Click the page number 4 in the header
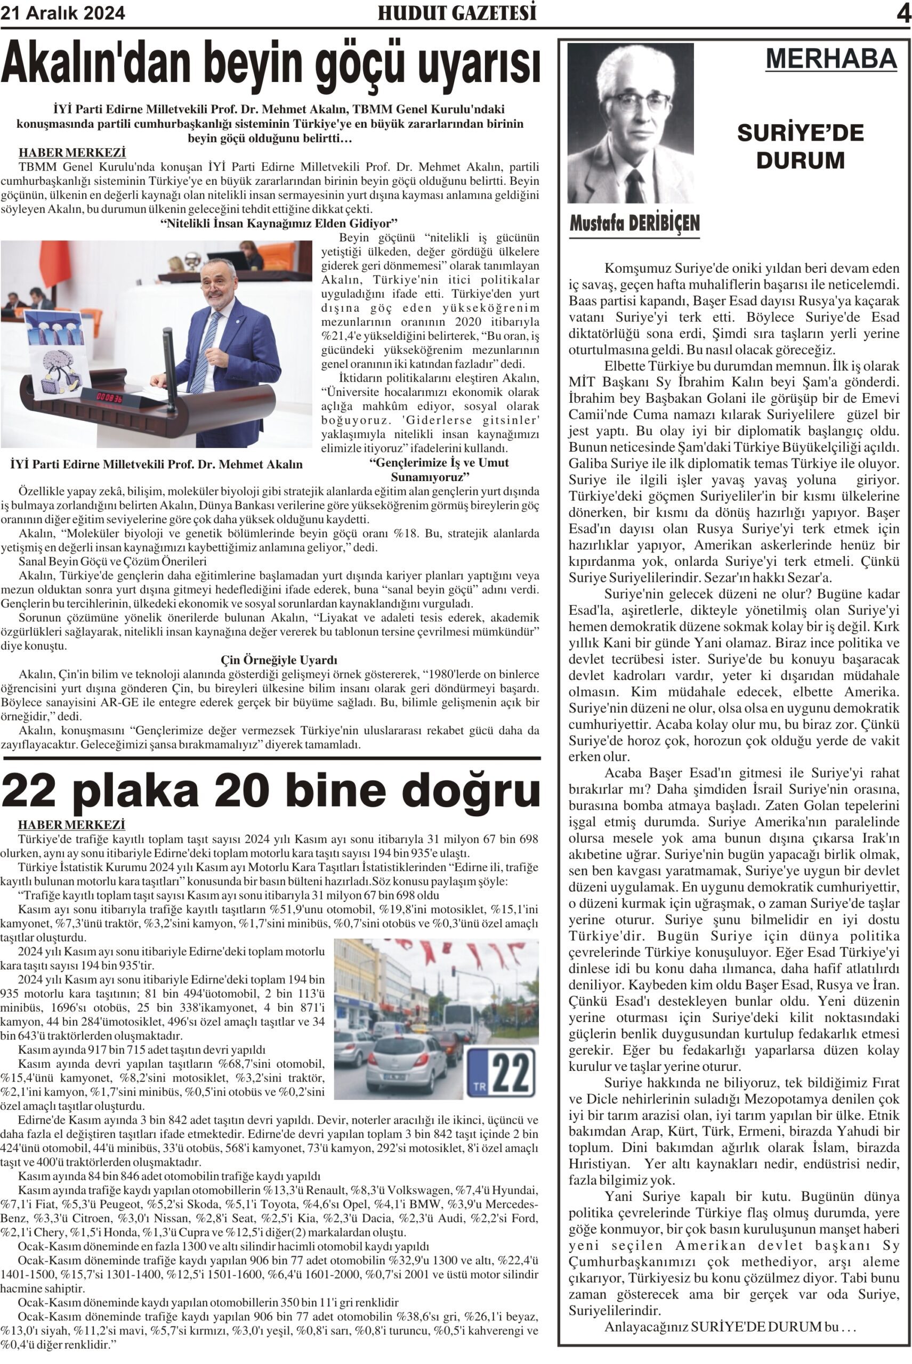903,13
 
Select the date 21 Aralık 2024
63,13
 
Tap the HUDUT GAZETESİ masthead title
457,13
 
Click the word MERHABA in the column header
831,58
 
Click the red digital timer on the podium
109,398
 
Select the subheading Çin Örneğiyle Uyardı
279,660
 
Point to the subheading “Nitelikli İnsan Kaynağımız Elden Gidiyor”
279,223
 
